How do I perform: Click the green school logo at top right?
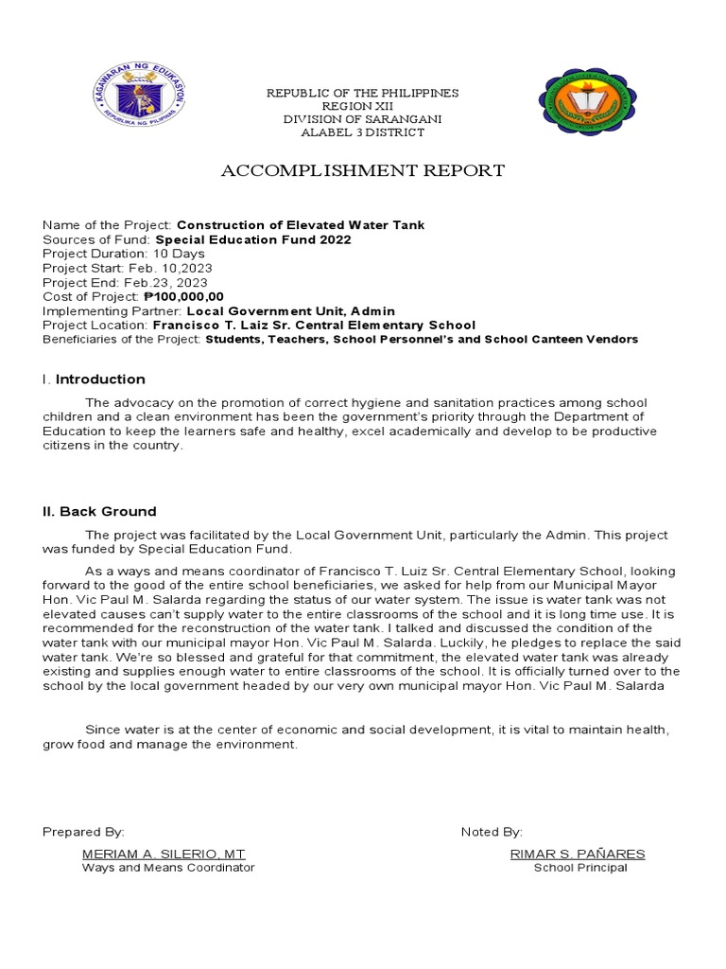tap(586, 102)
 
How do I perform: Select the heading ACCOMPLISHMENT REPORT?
tap(363, 170)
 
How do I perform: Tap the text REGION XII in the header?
tap(362, 106)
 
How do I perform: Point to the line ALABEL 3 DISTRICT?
tap(362, 132)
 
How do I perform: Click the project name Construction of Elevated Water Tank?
tap(301, 225)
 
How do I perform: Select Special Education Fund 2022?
tap(253, 239)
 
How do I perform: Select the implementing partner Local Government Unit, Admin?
tap(291, 310)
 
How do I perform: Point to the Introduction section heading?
tap(100, 379)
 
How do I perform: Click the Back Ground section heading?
tap(99, 511)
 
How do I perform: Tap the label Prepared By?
tap(83, 832)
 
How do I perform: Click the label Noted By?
tap(492, 832)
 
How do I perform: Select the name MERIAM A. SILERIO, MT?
tap(164, 854)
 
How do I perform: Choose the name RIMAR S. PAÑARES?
tap(578, 854)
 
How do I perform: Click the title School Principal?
tap(580, 868)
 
